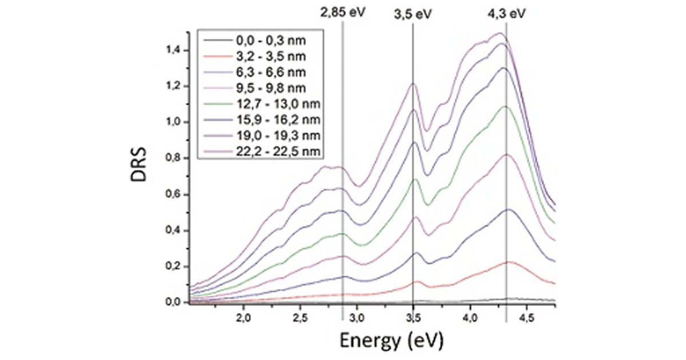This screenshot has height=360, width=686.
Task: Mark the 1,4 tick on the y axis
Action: (172, 50)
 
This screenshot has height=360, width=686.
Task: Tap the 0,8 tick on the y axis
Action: (172, 158)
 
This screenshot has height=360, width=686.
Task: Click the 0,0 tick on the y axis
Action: (172, 302)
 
